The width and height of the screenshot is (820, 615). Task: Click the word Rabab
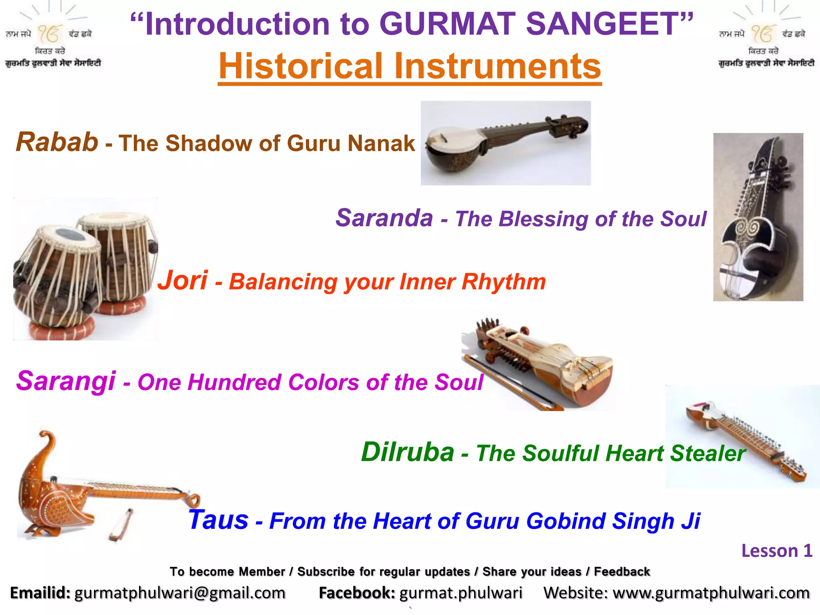[x=57, y=142]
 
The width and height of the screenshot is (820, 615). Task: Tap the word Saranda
[x=384, y=218]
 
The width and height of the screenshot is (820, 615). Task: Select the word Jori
[x=183, y=280]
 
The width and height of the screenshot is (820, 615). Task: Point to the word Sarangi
[x=66, y=381]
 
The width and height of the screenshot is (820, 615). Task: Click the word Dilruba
[x=408, y=452]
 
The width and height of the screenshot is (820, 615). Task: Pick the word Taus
[x=219, y=520]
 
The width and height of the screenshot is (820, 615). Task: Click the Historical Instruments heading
[x=410, y=66]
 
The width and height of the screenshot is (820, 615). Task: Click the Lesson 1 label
[x=776, y=551]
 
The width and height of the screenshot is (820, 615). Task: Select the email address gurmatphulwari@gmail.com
[x=180, y=593]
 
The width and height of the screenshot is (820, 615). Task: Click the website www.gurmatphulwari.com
[x=711, y=593]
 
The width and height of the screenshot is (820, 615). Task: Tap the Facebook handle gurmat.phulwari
[x=461, y=593]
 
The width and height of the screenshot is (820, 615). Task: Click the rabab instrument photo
[x=505, y=143]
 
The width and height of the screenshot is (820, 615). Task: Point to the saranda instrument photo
[x=758, y=217]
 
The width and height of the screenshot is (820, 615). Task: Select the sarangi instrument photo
[x=539, y=364]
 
